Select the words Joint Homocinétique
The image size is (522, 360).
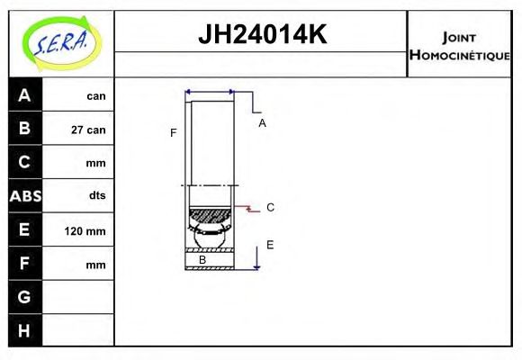coord(459,45)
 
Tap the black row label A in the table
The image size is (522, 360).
coord(24,95)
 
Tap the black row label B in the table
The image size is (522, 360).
coord(24,129)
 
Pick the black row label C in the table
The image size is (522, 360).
coord(24,163)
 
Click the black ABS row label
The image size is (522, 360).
coord(24,196)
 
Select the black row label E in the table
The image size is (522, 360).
coord(24,230)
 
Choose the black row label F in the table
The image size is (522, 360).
coord(24,265)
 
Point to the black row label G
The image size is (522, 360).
coord(24,297)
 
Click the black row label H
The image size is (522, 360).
coord(24,330)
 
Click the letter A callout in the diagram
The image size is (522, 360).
coord(262,123)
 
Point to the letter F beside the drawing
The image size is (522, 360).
coord(173,133)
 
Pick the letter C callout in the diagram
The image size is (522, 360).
coord(270,208)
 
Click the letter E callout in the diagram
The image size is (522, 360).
coord(269,245)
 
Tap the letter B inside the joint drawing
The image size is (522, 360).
coord(202,260)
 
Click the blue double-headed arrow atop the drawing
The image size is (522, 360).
coord(210,92)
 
